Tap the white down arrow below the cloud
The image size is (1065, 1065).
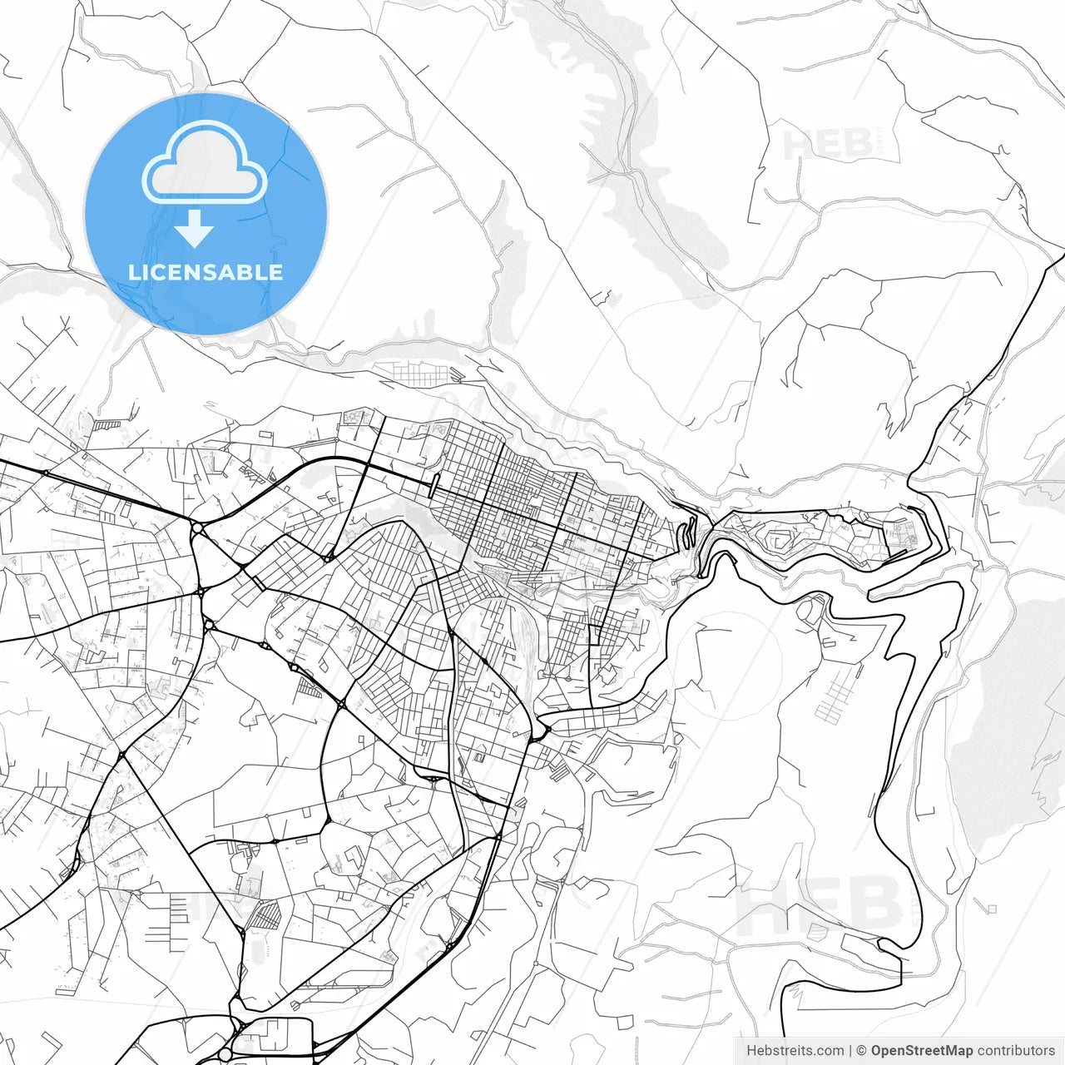[x=195, y=228]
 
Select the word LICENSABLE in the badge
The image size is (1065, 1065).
[x=206, y=272]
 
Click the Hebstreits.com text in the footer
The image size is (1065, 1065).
[x=795, y=1051]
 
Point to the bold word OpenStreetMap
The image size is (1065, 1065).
[x=921, y=1051]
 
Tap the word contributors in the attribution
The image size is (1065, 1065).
[x=1016, y=1051]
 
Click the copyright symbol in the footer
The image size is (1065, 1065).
[x=861, y=1051]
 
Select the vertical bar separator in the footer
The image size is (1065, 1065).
[x=850, y=1051]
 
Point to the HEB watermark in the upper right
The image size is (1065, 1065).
[x=832, y=143]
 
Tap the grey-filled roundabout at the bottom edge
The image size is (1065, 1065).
[x=225, y=1054]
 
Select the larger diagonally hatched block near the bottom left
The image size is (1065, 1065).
[x=267, y=915]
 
